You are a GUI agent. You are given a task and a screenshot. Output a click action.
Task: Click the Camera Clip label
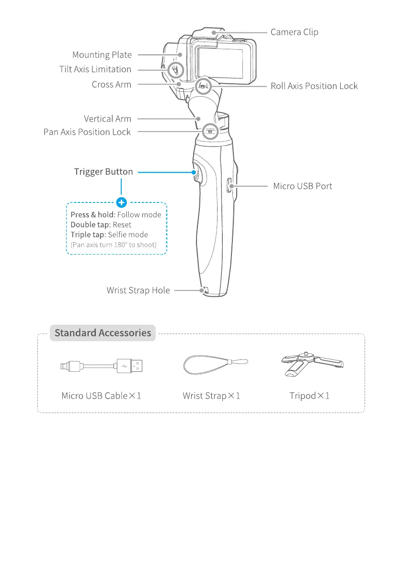pos(294,32)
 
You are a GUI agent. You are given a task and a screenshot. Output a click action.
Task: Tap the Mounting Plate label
pos(102,55)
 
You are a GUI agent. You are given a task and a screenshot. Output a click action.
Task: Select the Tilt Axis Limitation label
pos(95,69)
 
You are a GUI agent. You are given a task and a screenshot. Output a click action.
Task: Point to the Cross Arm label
pos(111,84)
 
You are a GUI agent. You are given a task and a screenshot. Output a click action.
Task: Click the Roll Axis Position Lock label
pos(314,86)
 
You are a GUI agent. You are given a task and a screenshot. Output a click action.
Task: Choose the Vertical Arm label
pos(107,119)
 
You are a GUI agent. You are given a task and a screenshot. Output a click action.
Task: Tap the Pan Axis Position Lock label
pos(87,132)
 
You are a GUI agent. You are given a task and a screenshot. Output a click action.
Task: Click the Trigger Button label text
pos(103,171)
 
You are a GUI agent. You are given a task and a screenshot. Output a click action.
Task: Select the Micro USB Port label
pos(302,186)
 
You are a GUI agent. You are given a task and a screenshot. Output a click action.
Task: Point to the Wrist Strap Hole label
pos(138,291)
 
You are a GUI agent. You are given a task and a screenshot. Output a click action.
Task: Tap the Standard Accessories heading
pos(103,333)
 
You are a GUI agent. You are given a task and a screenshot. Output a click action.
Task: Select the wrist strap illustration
pos(216,367)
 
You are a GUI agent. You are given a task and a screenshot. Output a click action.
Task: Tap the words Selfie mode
pos(128,235)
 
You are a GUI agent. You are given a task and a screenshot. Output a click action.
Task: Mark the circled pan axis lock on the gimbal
pos(210,130)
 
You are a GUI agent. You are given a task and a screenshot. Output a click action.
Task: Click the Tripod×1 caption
pos(310,396)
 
